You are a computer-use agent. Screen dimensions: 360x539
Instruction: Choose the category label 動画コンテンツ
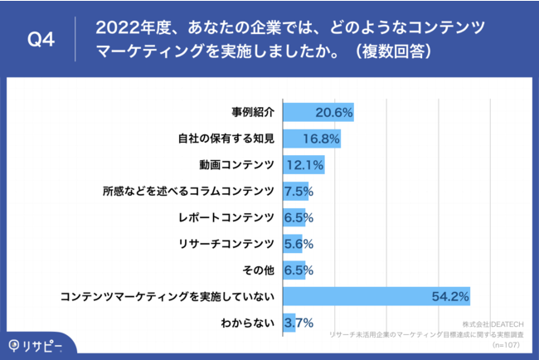click(237, 164)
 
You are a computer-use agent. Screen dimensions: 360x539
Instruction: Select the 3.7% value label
click(298, 323)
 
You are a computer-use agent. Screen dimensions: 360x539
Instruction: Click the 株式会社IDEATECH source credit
click(496, 321)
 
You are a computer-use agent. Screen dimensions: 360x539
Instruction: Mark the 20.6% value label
click(335, 112)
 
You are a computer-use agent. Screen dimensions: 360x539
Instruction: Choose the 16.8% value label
click(322, 139)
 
